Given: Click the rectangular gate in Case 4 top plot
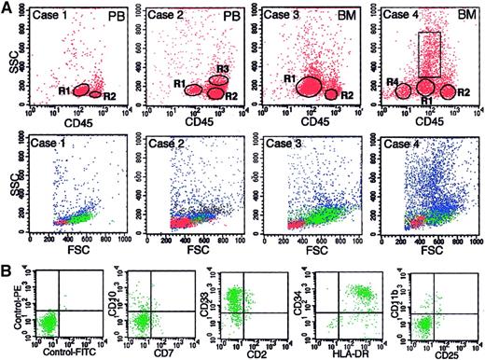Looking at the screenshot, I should click(x=430, y=54).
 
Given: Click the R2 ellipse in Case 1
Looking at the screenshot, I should click(x=96, y=93).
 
